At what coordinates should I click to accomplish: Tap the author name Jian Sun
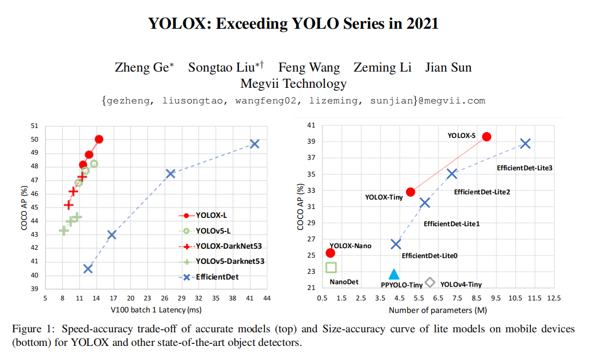tap(448, 68)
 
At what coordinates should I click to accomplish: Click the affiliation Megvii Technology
tap(293, 84)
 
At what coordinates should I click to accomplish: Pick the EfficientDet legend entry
tap(216, 277)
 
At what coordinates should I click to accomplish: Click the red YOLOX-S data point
tap(486, 136)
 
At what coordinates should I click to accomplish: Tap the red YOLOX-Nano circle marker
tap(330, 253)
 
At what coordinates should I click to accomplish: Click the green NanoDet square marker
tap(331, 268)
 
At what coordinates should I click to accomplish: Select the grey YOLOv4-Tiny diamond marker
tap(430, 283)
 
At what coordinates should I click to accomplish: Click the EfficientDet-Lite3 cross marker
tap(525, 144)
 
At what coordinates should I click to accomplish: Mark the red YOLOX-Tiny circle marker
tap(411, 192)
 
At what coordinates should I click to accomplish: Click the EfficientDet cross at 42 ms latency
tap(254, 144)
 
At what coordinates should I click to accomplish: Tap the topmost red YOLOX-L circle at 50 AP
tap(99, 140)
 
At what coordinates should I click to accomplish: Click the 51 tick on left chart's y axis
tap(34, 126)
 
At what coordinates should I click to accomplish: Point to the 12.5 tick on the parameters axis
tap(553, 298)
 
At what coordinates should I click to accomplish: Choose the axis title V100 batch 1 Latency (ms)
tap(156, 310)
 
